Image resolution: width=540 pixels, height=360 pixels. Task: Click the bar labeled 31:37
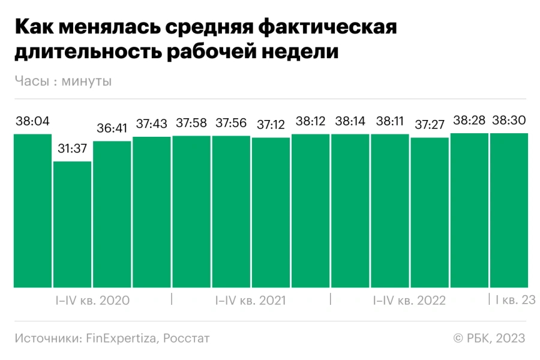72,225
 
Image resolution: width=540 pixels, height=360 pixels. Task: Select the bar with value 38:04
32,210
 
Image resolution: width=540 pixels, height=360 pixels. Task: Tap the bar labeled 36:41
112,214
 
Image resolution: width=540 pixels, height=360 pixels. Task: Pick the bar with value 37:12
271,212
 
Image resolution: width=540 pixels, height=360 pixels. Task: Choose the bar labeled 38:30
509,210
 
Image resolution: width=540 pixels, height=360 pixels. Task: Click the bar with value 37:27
430,212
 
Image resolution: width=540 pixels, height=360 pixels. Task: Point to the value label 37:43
151,125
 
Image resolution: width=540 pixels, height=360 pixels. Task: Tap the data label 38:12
310,121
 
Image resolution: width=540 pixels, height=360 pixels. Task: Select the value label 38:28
469,121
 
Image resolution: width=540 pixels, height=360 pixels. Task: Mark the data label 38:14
350,121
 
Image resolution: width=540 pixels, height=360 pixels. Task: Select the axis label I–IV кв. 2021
250,301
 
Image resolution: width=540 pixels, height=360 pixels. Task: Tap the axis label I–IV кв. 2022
409,301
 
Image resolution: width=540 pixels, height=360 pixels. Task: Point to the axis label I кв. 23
515,300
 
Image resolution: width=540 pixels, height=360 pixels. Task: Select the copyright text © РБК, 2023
489,338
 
